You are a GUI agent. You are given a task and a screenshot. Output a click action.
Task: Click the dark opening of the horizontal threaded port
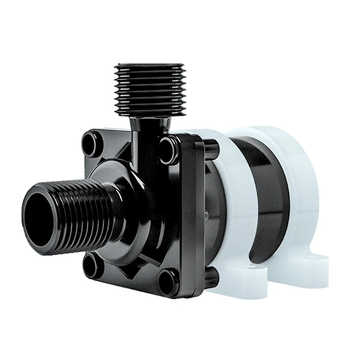click(x=40, y=209)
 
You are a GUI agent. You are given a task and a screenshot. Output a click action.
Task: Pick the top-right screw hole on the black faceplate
click(x=167, y=144)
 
